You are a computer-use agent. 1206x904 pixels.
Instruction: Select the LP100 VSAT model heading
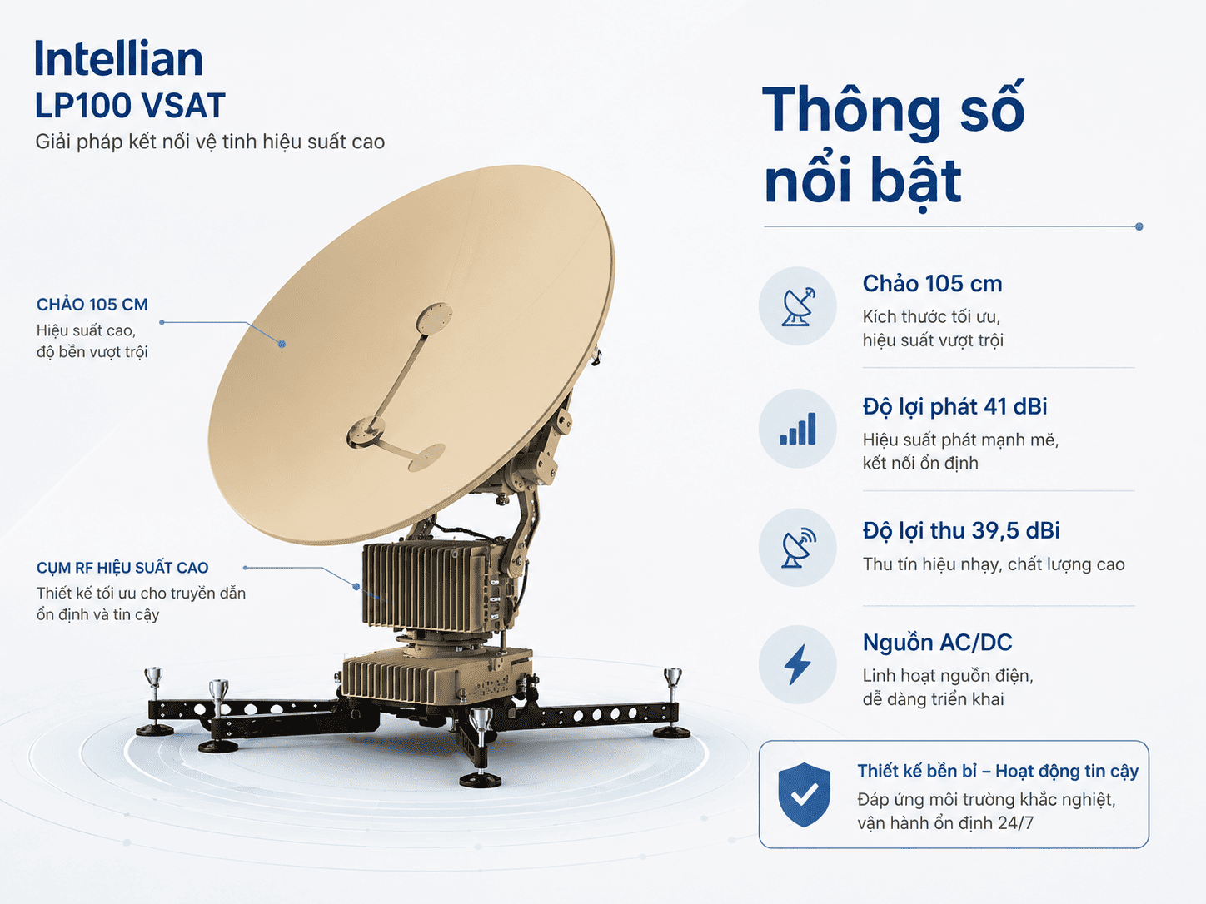click(x=130, y=106)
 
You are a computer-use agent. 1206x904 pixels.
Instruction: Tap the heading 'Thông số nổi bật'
click(x=894, y=146)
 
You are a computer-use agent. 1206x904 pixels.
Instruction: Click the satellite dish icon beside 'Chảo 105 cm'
click(x=798, y=305)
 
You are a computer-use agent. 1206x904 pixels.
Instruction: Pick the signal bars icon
click(x=798, y=429)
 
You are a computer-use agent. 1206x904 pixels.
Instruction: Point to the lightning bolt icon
click(x=797, y=665)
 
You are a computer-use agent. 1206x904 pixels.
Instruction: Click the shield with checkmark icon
click(x=805, y=794)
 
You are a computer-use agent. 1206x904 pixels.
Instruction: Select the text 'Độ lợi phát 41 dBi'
click(x=955, y=407)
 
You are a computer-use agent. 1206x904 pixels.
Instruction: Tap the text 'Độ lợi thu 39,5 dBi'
click(x=961, y=531)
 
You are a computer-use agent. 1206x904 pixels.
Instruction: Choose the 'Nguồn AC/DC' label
click(x=937, y=642)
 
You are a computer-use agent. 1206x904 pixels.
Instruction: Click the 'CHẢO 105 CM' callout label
click(x=92, y=305)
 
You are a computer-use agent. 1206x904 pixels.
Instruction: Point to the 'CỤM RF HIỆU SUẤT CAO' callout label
click(x=122, y=568)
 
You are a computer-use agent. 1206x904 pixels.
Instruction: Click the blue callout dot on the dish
click(x=282, y=344)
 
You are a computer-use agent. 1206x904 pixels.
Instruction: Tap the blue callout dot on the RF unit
click(x=356, y=587)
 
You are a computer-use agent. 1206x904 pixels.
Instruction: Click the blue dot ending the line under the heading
click(x=1139, y=226)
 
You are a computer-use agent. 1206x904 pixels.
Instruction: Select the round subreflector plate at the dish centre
click(x=434, y=318)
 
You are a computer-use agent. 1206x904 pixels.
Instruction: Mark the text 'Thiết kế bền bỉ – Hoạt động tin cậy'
click(x=998, y=772)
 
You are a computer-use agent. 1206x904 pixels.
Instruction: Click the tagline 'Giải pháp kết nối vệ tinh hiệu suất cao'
click(x=210, y=142)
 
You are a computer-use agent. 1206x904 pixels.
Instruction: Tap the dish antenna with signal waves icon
click(x=798, y=547)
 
